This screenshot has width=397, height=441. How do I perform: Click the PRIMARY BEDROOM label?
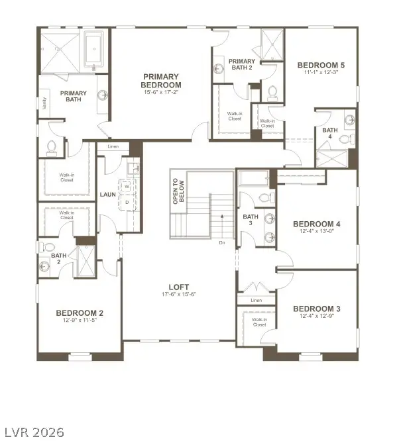[x=161, y=81]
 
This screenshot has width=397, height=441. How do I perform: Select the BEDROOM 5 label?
[x=321, y=65]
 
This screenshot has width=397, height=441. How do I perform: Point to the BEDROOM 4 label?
[x=316, y=224]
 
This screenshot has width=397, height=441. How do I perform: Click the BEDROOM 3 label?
[x=316, y=309]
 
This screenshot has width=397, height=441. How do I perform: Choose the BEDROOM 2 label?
[x=79, y=313]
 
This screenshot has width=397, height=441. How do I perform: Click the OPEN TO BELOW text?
[x=176, y=191]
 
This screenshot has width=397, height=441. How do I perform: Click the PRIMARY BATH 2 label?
[x=242, y=65]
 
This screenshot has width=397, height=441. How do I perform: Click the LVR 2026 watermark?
[x=33, y=432]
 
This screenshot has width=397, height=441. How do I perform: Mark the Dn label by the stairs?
[x=222, y=242]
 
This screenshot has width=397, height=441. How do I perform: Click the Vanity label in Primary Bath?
[x=44, y=103]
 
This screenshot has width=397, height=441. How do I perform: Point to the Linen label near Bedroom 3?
[x=256, y=300]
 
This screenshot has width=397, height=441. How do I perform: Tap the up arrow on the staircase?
[x=222, y=216]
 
